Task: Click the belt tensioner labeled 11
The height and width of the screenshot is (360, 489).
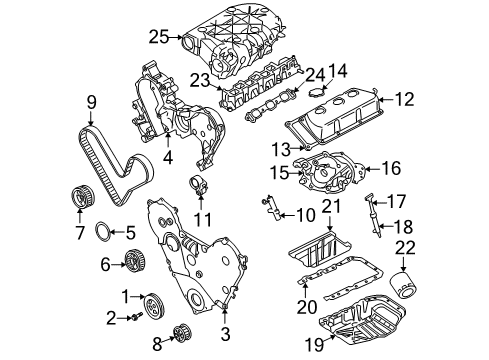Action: point(200,187)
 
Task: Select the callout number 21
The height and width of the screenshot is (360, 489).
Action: point(329,206)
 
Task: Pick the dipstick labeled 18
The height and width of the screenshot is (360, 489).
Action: point(377,240)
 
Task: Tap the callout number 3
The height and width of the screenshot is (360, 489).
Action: point(226,332)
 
